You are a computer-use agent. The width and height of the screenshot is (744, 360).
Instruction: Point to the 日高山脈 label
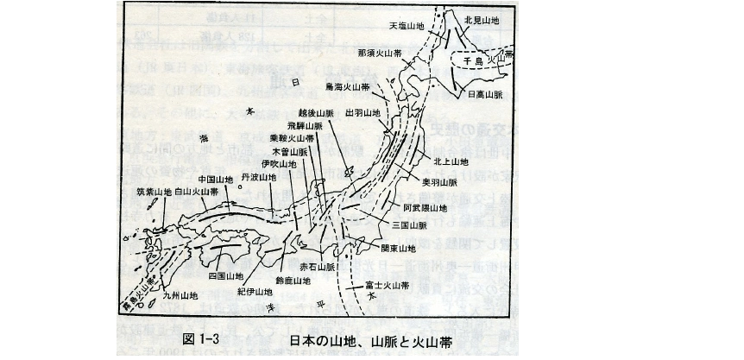point(485,96)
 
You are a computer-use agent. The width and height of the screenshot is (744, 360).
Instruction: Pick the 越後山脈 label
point(315,112)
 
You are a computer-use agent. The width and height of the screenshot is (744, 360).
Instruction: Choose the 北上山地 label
point(451,161)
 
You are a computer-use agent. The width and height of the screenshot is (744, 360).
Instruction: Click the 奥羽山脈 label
point(439,183)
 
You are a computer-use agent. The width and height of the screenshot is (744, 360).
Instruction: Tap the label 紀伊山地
point(255,292)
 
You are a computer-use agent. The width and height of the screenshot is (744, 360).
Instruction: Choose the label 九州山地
point(180,295)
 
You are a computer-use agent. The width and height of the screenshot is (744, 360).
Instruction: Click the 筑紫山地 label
point(154,192)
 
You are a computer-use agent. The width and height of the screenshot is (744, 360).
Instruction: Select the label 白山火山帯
point(197,192)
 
